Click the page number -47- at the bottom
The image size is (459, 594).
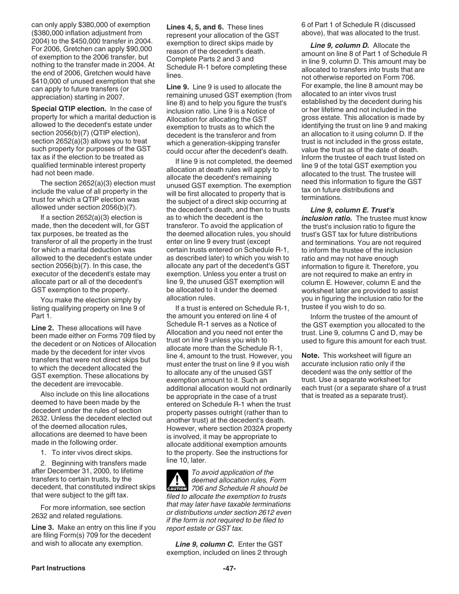click(229, 568)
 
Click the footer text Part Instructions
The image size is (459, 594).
click(58, 568)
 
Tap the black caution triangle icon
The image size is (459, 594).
click(177, 481)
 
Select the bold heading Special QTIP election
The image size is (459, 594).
click(69, 109)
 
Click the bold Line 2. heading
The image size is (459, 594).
click(42, 328)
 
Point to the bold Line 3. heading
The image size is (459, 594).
click(42, 528)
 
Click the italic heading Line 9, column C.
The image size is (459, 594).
click(204, 544)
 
